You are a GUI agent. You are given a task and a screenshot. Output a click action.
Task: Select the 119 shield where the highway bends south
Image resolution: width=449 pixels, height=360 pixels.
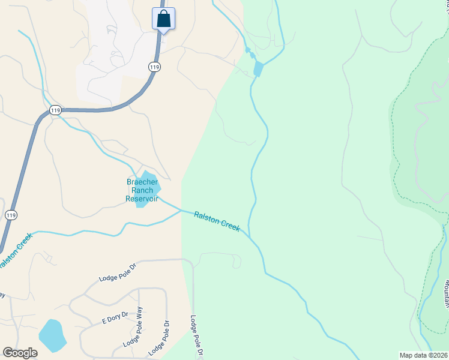pos(56,110)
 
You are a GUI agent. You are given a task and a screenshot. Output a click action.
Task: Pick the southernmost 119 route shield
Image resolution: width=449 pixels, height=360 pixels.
pos(11,215)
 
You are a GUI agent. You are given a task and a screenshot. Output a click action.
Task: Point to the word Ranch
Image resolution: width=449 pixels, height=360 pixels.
pos(142,190)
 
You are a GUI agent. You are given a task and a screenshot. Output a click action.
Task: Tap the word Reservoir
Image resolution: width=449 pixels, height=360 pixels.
pos(142,199)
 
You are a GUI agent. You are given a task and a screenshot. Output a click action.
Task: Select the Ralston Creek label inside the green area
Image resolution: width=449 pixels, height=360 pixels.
pos(217,221)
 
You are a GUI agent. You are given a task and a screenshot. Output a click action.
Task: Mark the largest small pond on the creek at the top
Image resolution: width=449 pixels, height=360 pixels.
pos(258,69)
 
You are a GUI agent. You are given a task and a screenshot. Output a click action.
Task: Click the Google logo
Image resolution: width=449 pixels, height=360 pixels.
pos(20,353)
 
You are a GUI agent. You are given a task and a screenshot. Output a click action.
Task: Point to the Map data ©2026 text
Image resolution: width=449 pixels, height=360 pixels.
pos(423,355)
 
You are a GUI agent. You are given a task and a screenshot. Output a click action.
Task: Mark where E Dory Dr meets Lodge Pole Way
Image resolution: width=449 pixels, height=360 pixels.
pos(139,312)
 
